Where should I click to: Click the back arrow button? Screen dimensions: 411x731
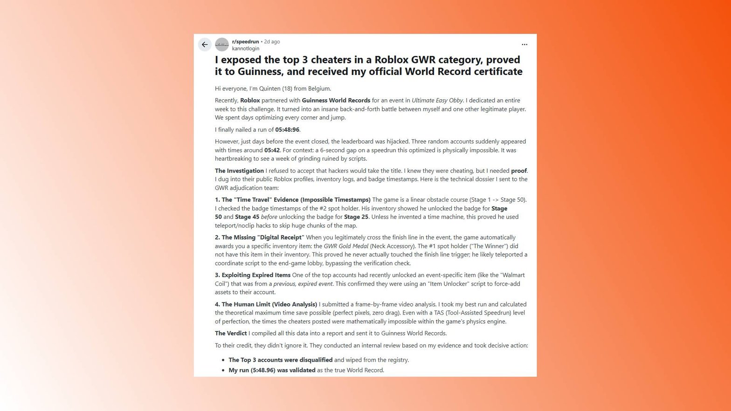click(x=205, y=45)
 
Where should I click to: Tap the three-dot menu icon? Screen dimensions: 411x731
click(x=524, y=45)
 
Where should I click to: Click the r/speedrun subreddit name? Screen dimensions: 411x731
click(x=245, y=41)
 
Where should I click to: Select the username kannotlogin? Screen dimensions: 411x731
click(x=246, y=48)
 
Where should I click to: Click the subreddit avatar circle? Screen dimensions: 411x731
click(x=222, y=45)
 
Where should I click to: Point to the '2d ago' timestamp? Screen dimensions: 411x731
click(x=272, y=41)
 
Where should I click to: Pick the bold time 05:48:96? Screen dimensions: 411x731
click(x=287, y=130)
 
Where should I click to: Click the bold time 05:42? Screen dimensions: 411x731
click(x=272, y=150)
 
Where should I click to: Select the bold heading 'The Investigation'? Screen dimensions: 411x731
click(x=239, y=171)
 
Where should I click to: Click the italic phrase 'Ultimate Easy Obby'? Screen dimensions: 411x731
click(x=437, y=100)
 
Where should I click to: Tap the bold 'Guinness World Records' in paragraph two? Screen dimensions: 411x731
click(x=336, y=100)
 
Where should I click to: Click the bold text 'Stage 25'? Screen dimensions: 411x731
click(x=356, y=217)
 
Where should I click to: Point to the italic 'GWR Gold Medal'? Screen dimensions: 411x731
click(x=346, y=246)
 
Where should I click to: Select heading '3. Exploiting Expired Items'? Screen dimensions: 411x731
click(x=253, y=275)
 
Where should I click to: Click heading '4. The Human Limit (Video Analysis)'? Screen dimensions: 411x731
click(x=266, y=304)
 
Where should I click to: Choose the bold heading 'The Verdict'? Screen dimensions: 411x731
click(x=231, y=333)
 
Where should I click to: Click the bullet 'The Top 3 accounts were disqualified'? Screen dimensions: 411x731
click(x=280, y=360)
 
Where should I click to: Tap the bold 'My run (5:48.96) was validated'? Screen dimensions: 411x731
click(x=272, y=370)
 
